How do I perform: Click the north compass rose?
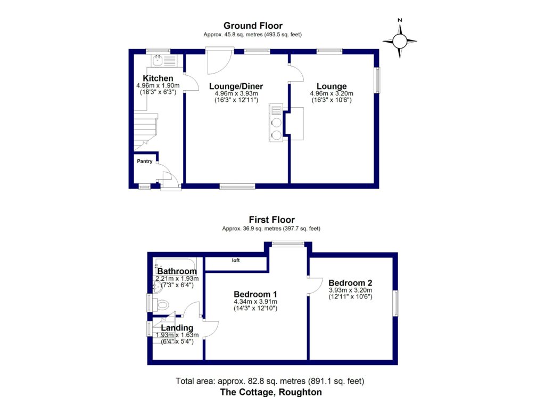(400, 40)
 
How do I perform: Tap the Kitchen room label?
(158, 78)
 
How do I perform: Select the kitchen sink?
(158, 61)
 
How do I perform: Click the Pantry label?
(145, 161)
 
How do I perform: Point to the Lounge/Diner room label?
(236, 86)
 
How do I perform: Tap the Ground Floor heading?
(253, 26)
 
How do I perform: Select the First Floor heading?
(271, 220)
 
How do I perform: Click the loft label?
(235, 261)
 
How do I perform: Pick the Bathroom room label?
(177, 271)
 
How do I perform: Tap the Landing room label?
(177, 328)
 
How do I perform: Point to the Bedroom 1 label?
(255, 294)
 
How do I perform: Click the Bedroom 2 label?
(350, 282)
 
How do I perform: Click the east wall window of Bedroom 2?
(395, 304)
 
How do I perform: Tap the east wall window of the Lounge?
(378, 80)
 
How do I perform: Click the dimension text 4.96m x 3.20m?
(332, 93)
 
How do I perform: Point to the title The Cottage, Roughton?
(271, 392)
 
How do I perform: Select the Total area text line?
(270, 381)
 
